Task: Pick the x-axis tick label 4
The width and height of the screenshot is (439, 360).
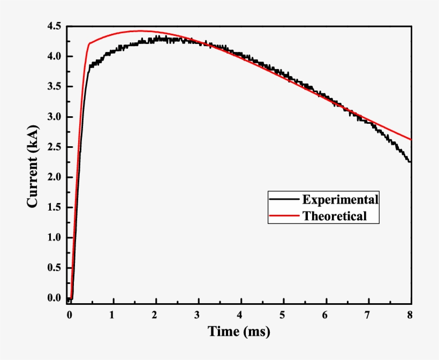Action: (x=240, y=314)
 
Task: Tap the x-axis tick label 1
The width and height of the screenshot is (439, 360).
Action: (x=112, y=314)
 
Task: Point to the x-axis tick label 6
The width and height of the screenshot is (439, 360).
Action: (x=326, y=314)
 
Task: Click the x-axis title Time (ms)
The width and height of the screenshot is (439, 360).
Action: (x=239, y=332)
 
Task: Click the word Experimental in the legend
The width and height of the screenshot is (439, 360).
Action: (x=340, y=200)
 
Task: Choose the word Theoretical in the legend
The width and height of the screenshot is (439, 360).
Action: (x=335, y=216)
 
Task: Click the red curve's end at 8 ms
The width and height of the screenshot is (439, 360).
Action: (x=411, y=139)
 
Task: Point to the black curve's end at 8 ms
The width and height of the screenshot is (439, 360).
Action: (x=410, y=161)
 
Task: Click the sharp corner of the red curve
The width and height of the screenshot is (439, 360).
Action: (x=89, y=43)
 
